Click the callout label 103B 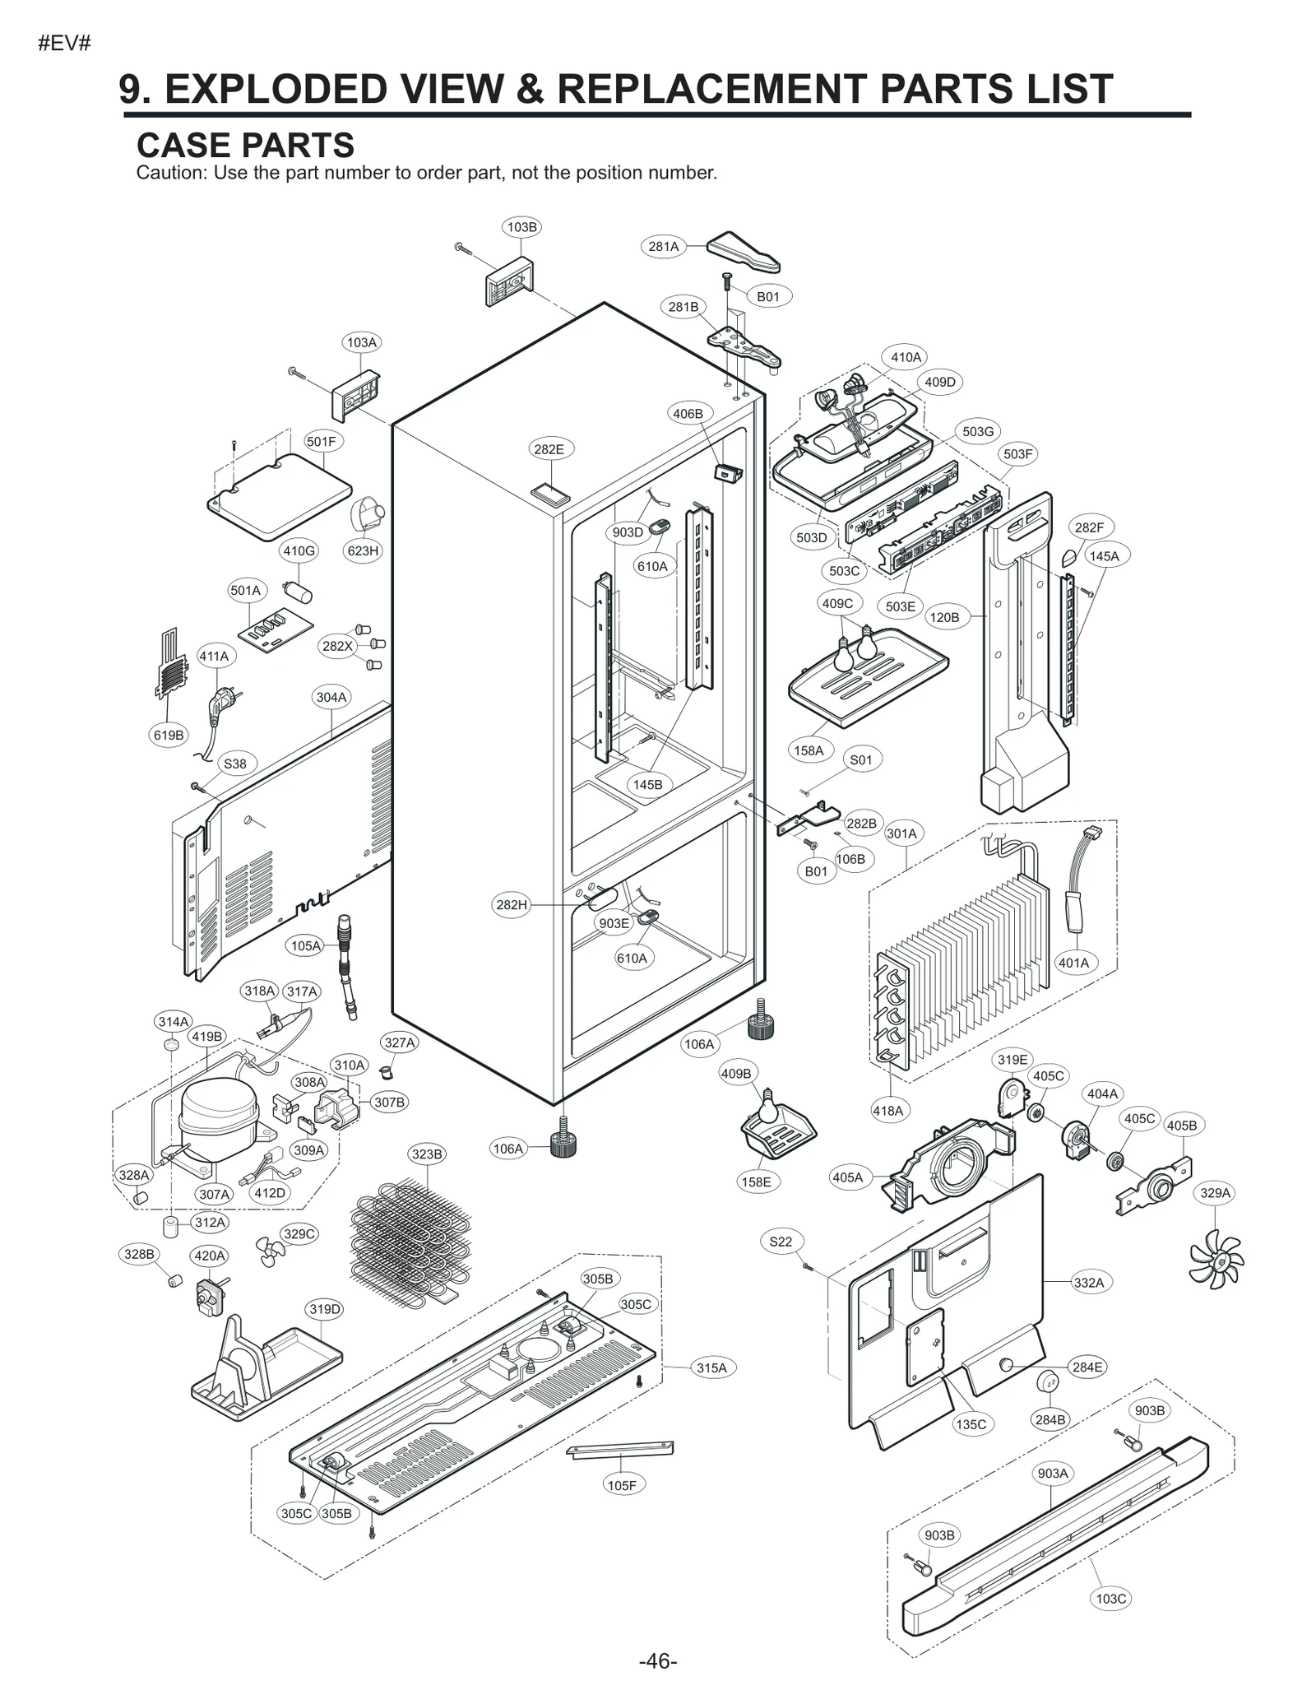[x=521, y=227]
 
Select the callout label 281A [x=663, y=246]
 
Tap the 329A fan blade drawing [x=1216, y=1258]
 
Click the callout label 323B [x=427, y=1154]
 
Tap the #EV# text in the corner [x=64, y=44]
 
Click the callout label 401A [x=1073, y=963]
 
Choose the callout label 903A [x=1053, y=1473]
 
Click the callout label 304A [x=331, y=697]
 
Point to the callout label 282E [x=549, y=449]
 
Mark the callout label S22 [x=781, y=1242]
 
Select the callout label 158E [x=755, y=1182]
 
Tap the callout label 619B [x=169, y=735]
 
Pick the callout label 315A [x=711, y=1367]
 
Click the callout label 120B [x=943, y=617]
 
